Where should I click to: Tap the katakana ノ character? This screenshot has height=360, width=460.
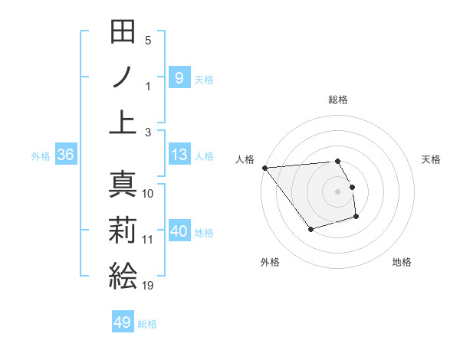123,77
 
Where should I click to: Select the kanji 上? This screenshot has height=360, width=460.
123,121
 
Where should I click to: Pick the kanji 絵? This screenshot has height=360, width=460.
123,275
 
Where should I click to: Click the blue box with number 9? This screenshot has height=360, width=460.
179,77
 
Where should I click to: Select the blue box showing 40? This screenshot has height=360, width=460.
179,231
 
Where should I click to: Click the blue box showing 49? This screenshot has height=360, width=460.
123,322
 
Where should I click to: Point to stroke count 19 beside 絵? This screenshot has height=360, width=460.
148,286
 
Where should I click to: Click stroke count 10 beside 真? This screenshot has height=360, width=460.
148,194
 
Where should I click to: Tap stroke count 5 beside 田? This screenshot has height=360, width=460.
148,41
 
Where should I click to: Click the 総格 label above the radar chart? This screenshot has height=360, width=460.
337,100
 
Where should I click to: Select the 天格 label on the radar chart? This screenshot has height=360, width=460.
432,159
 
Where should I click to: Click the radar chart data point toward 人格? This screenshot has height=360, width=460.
264,168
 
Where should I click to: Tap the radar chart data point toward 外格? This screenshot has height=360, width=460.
310,229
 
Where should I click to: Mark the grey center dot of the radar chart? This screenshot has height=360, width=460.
337,191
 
